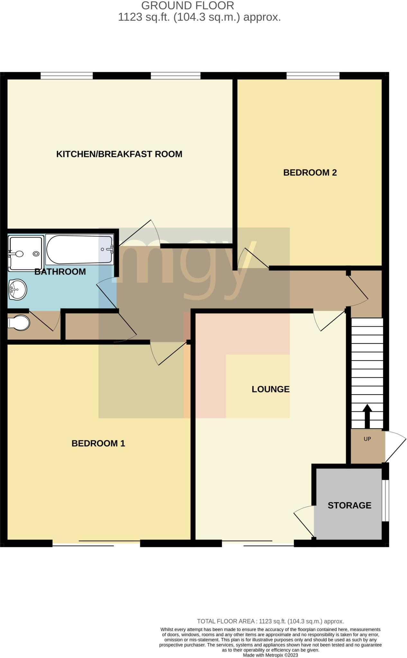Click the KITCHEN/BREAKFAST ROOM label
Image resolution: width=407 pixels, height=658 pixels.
pos(119,154)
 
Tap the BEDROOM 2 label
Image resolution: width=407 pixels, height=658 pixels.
pos(310,173)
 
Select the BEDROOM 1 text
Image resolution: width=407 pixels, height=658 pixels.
pos(98,443)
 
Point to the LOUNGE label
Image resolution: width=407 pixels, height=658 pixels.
pos(270,389)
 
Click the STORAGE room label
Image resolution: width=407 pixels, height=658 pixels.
pos(349,505)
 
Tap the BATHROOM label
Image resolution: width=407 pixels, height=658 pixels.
pos(60,272)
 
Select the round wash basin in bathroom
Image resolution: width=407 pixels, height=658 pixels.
pos(17,289)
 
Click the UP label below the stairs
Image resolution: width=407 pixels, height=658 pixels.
pos(367,439)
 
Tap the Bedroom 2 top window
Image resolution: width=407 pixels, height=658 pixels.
pos(313,76)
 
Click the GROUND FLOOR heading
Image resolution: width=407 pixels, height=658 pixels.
pos(187,5)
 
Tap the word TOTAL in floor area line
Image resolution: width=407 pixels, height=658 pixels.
pos(206,621)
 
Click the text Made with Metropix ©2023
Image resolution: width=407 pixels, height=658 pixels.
pos(270,655)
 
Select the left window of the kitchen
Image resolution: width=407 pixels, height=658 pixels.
pos(67,76)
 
